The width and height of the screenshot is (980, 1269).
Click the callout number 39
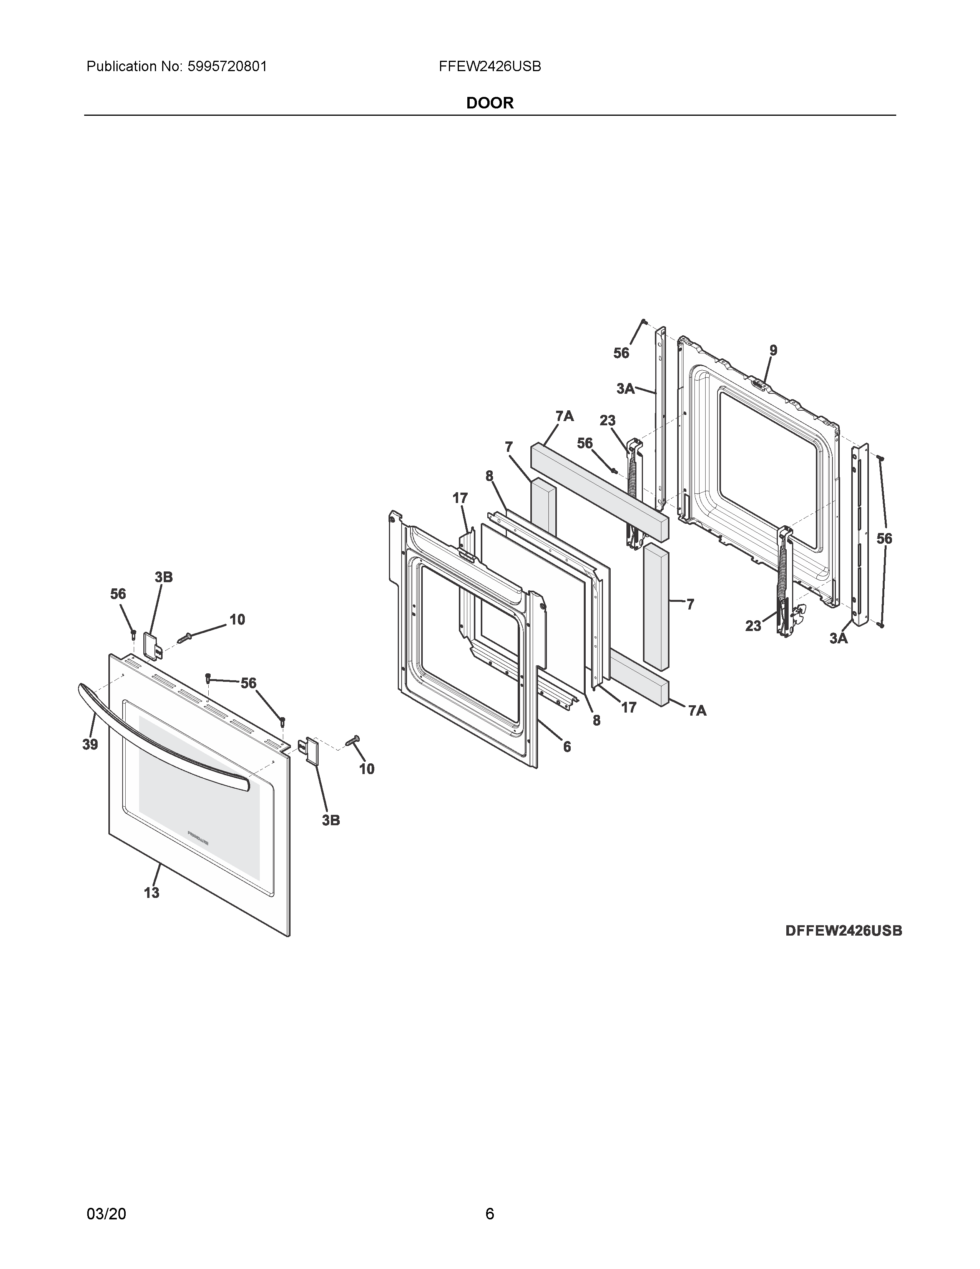(x=90, y=744)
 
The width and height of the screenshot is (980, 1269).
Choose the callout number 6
(x=566, y=747)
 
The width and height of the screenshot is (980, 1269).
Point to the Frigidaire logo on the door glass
(x=199, y=838)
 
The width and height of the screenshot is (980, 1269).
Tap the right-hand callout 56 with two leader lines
(x=884, y=539)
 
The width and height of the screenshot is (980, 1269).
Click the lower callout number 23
(x=753, y=626)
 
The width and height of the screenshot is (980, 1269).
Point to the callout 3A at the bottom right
(x=838, y=639)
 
